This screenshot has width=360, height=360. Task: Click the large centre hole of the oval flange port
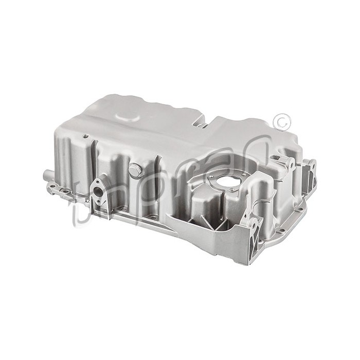coord(98,195)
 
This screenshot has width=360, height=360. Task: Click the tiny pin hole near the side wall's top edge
coord(82,137)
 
